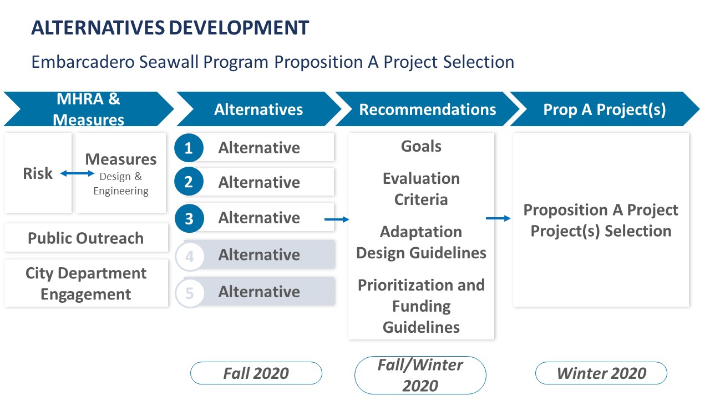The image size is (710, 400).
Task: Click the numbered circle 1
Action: (189, 148)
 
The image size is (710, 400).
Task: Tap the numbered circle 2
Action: (189, 182)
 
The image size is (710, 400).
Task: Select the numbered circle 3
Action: (189, 218)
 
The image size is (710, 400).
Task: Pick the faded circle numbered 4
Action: (190, 257)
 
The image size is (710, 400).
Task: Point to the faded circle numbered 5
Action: (190, 293)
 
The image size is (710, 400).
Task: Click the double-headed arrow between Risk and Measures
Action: (77, 173)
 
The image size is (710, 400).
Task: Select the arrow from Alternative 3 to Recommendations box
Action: (337, 219)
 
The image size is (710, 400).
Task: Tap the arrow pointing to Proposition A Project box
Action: (498, 218)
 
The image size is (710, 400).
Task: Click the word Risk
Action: (38, 173)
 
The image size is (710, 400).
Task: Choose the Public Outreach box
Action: (86, 238)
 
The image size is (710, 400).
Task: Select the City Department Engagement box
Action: (86, 283)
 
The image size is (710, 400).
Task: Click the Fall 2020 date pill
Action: (256, 373)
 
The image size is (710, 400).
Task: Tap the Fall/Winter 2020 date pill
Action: (420, 375)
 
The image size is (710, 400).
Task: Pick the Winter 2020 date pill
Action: (601, 373)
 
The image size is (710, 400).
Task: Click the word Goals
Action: (421, 146)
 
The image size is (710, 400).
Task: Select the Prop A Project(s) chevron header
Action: (605, 109)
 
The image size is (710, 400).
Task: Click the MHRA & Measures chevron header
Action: (89, 109)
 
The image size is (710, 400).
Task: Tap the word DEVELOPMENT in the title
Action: (239, 28)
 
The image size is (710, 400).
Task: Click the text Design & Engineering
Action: (121, 183)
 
